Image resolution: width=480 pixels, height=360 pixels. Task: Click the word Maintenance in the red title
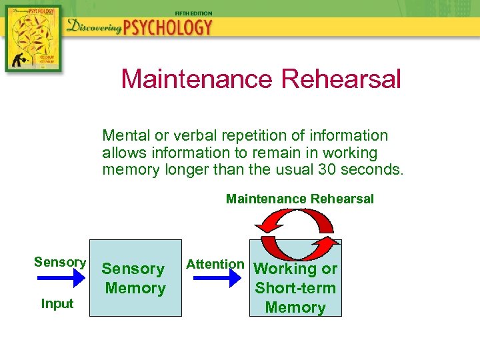click(197, 79)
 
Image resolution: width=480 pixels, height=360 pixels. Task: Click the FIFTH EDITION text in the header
click(193, 13)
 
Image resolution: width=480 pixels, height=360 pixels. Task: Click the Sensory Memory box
click(135, 278)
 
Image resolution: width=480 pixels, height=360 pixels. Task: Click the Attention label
click(215, 264)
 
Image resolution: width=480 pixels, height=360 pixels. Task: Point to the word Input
click(57, 304)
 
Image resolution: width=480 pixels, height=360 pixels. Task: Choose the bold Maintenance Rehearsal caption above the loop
click(300, 199)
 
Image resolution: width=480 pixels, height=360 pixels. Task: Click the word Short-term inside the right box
click(295, 288)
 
